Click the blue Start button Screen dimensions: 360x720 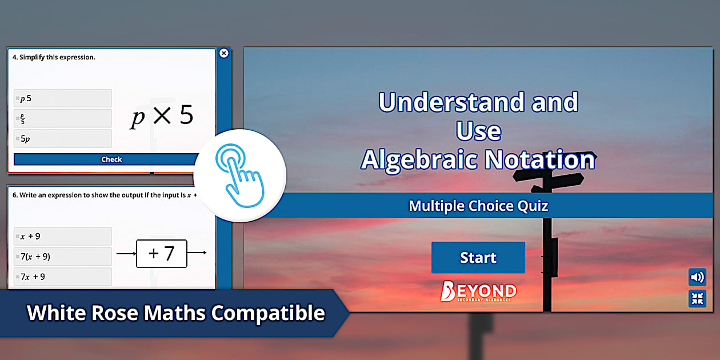tap(478, 258)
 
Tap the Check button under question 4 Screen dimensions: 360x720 tap(111, 159)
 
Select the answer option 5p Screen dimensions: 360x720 tap(63, 139)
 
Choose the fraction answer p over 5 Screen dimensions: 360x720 tap(63, 118)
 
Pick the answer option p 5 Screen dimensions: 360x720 tap(63, 98)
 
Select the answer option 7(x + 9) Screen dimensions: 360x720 tap(63, 257)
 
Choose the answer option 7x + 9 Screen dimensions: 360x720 tap(63, 277)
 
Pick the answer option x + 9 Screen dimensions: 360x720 tap(63, 236)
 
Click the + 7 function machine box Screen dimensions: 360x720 tap(162, 253)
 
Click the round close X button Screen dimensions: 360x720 tap(224, 53)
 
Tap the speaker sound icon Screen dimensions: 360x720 tap(697, 278)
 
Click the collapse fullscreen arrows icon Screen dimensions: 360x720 tap(697, 298)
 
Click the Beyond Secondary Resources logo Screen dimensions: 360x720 tap(478, 291)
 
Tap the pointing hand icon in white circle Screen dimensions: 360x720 tap(239, 175)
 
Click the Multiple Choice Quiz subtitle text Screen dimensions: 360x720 tap(478, 206)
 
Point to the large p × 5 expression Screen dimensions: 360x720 tap(162, 117)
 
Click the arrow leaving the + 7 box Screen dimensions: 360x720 tap(197, 253)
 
